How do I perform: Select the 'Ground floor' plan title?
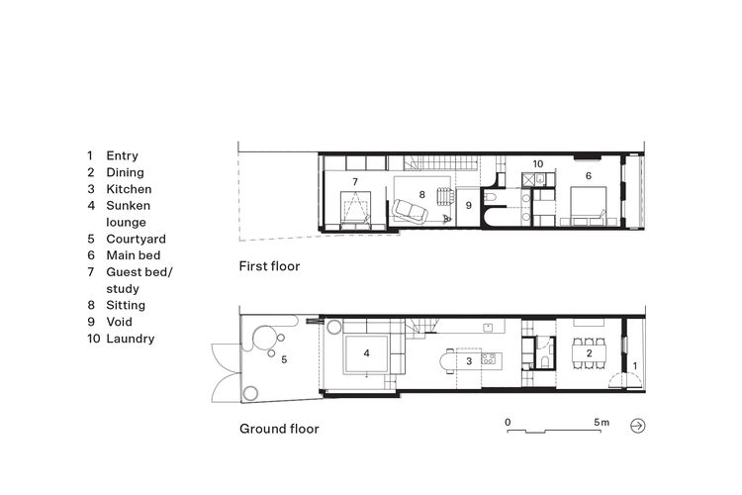279,429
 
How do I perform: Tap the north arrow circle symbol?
637,426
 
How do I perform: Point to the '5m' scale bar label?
602,422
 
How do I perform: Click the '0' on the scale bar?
508,422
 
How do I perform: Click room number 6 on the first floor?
589,175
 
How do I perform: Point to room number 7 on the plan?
354,182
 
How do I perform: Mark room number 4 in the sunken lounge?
366,352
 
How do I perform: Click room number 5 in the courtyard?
285,359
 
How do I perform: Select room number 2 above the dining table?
589,352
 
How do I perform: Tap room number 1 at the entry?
635,367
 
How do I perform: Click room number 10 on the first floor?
538,164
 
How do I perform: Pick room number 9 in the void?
469,205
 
